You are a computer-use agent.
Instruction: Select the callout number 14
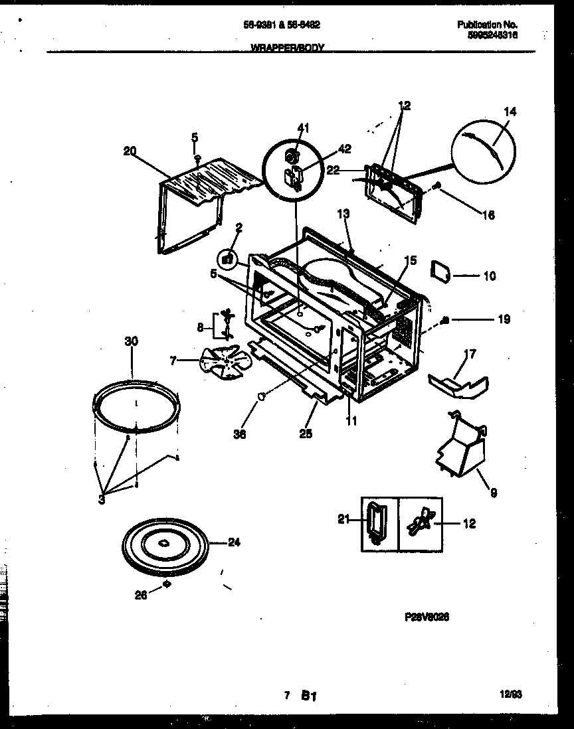pyautogui.click(x=509, y=112)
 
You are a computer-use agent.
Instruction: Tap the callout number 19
pyautogui.click(x=504, y=319)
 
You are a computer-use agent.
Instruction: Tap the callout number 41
pyautogui.click(x=304, y=127)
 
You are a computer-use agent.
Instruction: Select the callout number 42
pyautogui.click(x=345, y=149)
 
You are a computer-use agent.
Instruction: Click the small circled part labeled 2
pyautogui.click(x=227, y=258)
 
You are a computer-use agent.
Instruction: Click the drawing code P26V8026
pyautogui.click(x=427, y=617)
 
